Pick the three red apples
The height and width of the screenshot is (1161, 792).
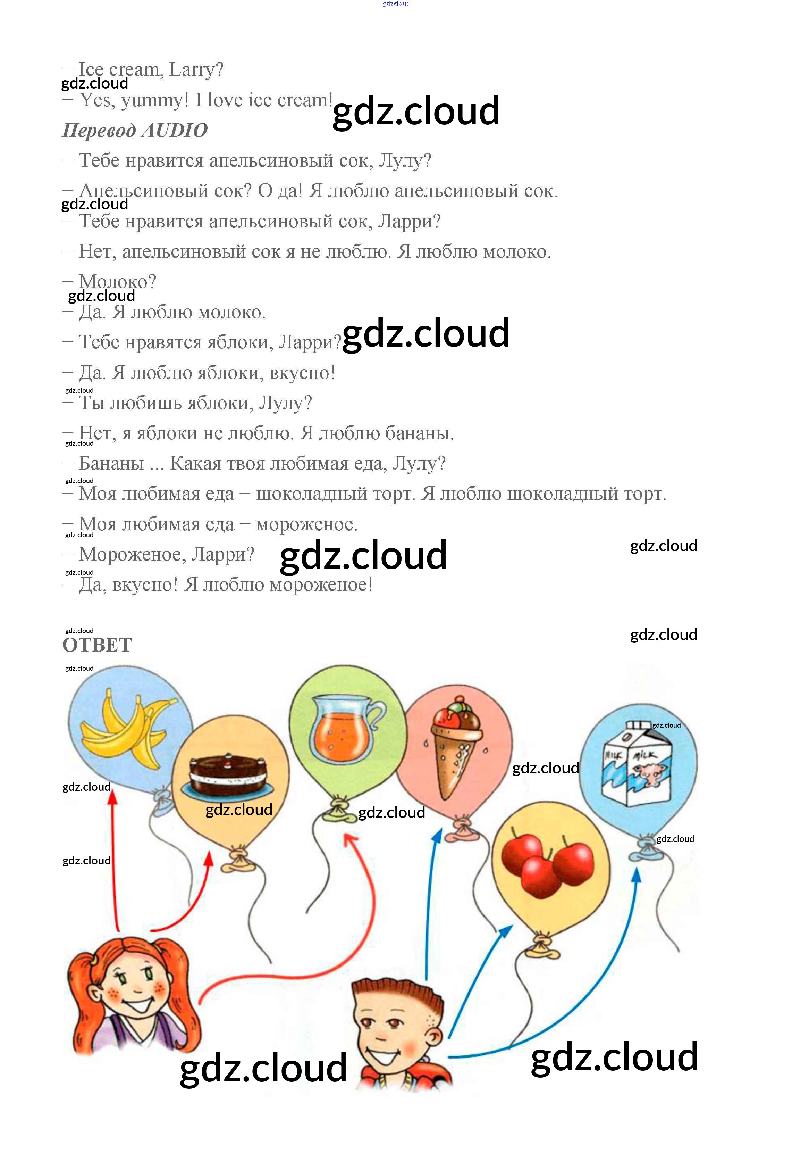pos(547,864)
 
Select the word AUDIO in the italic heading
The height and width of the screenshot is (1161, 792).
pos(174,130)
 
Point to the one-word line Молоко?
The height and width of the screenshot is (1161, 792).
pos(117,282)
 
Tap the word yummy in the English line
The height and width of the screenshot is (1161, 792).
pos(154,100)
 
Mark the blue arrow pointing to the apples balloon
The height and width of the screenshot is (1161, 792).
pos(479,979)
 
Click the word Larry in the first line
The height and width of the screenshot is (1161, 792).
pos(195,69)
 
